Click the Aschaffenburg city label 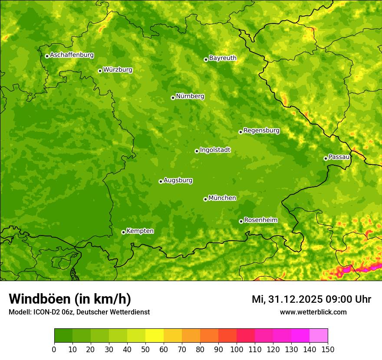pos(72,55)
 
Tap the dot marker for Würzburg pos(100,71)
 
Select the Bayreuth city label pos(223,58)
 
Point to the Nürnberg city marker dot pos(173,98)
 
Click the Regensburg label pos(261,131)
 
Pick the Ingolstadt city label pos(215,150)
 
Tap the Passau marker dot pos(326,158)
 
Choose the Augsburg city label pos(178,180)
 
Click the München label pos(222,198)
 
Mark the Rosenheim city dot pos(241,221)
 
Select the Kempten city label pos(140,231)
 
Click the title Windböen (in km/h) pos(70,299)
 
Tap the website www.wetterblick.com pos(313,312)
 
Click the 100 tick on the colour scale pos(237,350)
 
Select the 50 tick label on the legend pos(145,350)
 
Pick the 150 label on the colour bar pos(328,350)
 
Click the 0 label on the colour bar pos(54,350)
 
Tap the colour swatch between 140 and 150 pos(319,336)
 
